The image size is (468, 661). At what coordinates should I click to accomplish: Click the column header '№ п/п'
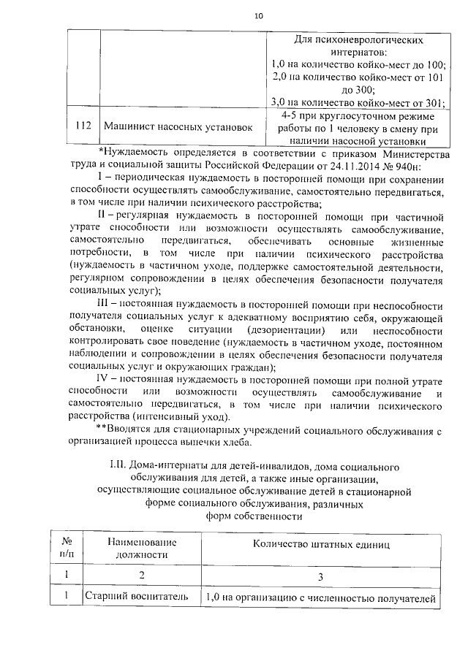tap(66, 549)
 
